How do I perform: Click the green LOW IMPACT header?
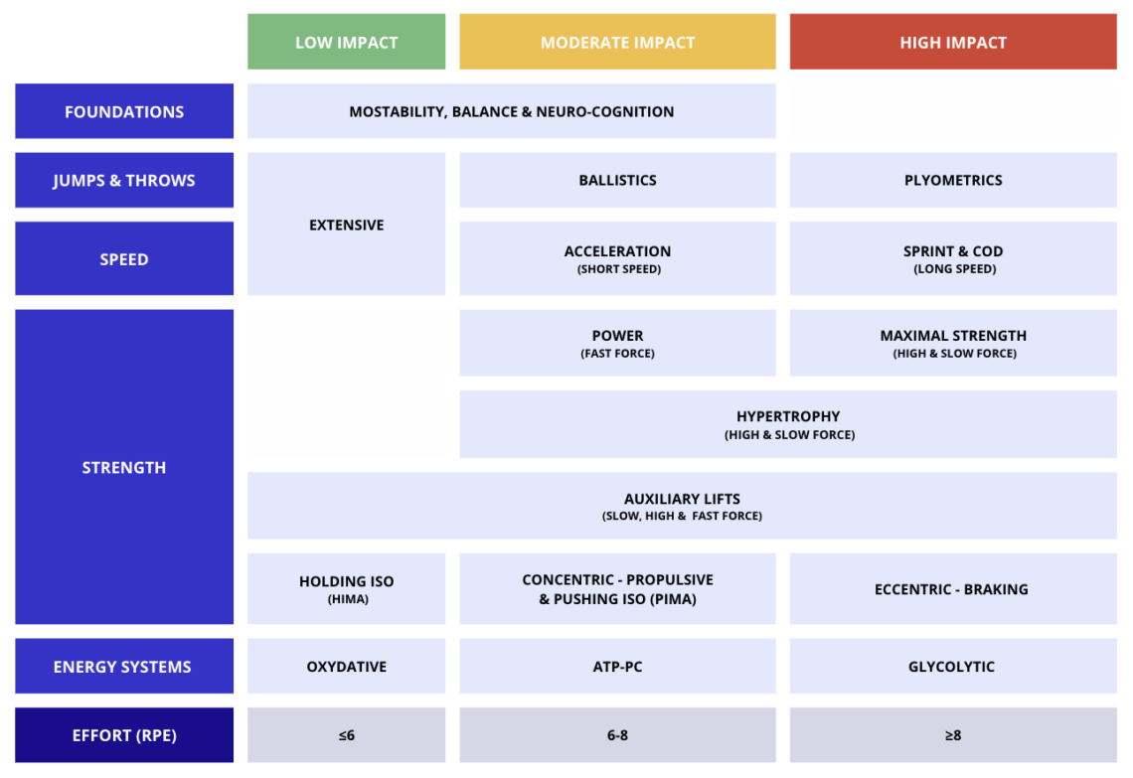point(346,42)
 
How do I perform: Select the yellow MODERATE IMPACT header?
point(617,42)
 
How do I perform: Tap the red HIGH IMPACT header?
point(953,42)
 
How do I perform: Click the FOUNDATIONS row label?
point(124,111)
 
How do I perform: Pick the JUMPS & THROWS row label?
point(124,180)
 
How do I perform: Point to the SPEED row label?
point(124,258)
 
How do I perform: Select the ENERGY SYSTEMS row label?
point(124,666)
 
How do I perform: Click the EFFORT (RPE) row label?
point(124,734)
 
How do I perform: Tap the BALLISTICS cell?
point(617,180)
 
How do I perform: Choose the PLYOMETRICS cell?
point(953,180)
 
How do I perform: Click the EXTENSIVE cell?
point(346,224)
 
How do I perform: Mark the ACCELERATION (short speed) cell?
point(617,258)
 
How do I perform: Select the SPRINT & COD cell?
point(953,258)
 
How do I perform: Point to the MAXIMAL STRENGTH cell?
point(953,343)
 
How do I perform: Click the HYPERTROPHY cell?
point(788,424)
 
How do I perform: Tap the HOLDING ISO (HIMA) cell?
point(346,589)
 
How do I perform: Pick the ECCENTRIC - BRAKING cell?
point(953,589)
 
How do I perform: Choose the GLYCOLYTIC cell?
point(953,666)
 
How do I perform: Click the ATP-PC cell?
point(617,666)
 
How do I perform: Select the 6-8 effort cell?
point(617,734)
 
